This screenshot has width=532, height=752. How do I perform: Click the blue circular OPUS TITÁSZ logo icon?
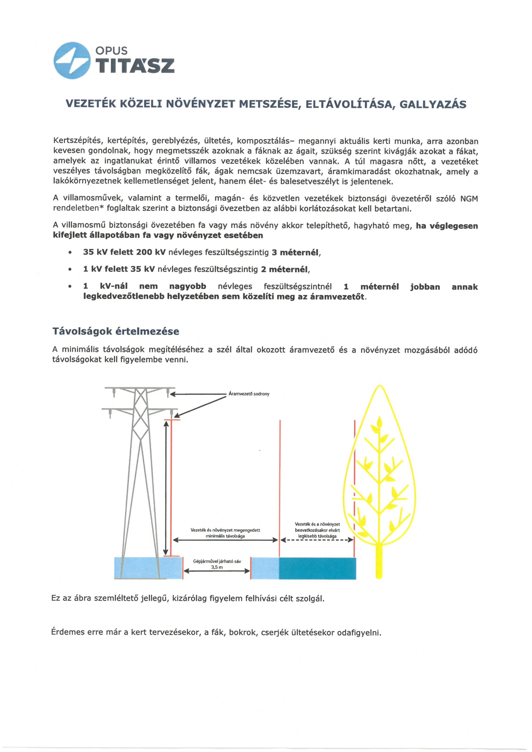click(72, 61)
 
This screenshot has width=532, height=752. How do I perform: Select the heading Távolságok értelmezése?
click(116, 331)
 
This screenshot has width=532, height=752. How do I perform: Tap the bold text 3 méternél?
click(296, 253)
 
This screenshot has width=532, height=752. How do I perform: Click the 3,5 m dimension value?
click(217, 568)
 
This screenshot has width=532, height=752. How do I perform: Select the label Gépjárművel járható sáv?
click(217, 561)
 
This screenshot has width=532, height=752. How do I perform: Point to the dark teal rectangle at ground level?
click(317, 568)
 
